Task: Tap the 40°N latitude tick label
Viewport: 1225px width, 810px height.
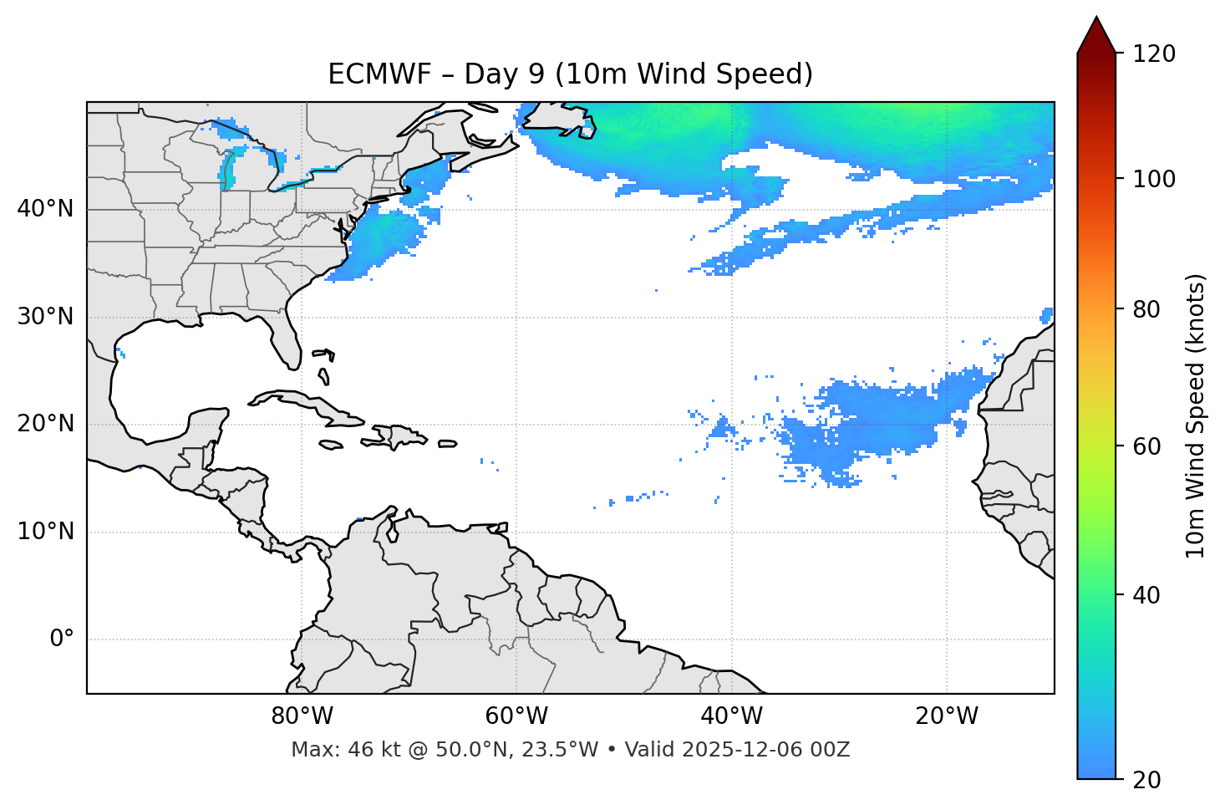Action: click(x=45, y=208)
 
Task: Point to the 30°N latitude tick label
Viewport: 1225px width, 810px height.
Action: click(x=45, y=317)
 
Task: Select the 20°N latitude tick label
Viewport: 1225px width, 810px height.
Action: click(x=45, y=424)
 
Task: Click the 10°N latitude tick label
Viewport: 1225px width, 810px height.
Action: click(x=45, y=532)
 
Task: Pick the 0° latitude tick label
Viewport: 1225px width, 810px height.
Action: click(x=61, y=639)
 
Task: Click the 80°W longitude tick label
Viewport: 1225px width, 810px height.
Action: click(x=302, y=716)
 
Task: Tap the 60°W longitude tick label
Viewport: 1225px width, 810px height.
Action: click(x=516, y=716)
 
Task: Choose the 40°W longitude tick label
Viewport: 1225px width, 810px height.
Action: click(x=731, y=716)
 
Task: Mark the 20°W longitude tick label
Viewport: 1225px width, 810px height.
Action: click(x=946, y=716)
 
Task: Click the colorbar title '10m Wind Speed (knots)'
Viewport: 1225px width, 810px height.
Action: click(x=1196, y=415)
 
